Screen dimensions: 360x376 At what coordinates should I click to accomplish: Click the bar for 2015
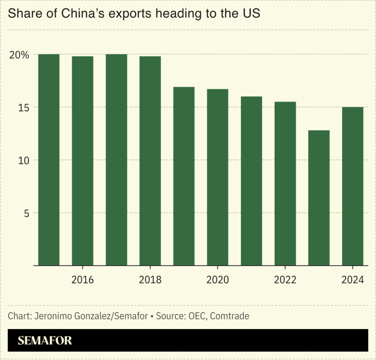pos(49,160)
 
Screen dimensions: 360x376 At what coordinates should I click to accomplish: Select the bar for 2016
pos(83,161)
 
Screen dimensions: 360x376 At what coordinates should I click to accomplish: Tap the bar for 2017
pos(116,160)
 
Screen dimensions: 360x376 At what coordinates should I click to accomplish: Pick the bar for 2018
pos(150,161)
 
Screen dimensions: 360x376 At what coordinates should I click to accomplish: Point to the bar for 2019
pos(184,176)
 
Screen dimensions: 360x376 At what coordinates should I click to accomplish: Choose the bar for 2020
pos(217,177)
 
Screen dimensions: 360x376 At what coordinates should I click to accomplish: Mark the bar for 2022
pos(285,183)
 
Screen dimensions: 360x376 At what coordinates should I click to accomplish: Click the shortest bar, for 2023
pos(319,198)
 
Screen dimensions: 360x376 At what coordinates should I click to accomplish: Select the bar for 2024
pos(352,186)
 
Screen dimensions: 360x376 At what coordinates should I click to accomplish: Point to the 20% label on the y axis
pos(19,55)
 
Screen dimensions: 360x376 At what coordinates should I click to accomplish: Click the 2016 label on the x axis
pos(83,280)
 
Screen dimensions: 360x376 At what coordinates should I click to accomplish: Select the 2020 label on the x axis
pos(217,280)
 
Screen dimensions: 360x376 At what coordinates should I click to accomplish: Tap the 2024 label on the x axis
pos(352,280)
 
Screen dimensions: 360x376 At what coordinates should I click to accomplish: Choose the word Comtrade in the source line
pos(230,316)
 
